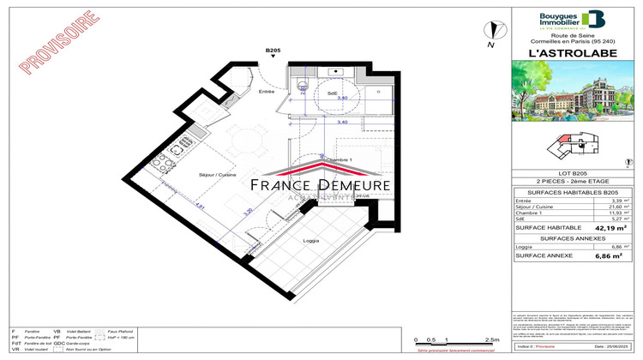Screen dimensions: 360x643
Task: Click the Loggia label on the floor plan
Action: coord(312,241)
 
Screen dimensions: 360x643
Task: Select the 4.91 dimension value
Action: coord(199,207)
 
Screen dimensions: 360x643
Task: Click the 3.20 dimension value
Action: coord(249,213)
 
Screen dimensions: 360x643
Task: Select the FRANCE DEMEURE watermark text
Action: coord(321,185)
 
